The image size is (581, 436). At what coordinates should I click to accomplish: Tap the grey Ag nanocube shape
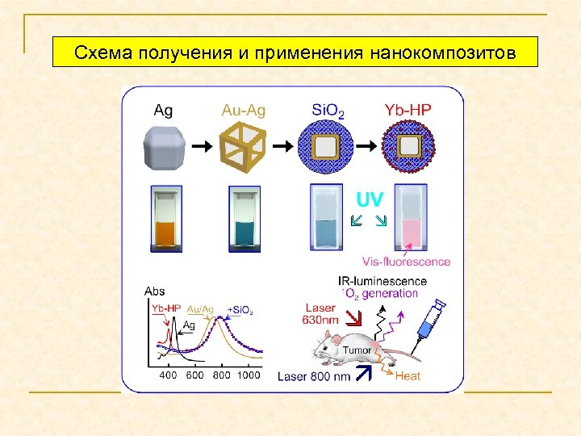point(162,147)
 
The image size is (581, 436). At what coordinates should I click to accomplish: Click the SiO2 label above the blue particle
point(327,110)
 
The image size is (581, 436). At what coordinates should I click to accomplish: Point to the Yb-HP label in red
point(409,110)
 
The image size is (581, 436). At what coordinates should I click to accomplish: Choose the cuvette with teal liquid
point(245,216)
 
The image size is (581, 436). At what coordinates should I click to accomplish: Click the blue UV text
point(370,199)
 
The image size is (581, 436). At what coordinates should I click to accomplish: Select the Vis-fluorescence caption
point(406,261)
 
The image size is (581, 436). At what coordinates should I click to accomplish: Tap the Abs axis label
point(154,291)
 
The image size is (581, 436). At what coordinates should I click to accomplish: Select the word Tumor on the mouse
point(357,350)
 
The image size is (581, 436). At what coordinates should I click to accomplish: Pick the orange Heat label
point(407,375)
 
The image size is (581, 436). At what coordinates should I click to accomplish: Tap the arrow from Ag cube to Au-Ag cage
point(203,146)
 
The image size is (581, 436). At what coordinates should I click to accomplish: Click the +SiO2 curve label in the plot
point(241,310)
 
